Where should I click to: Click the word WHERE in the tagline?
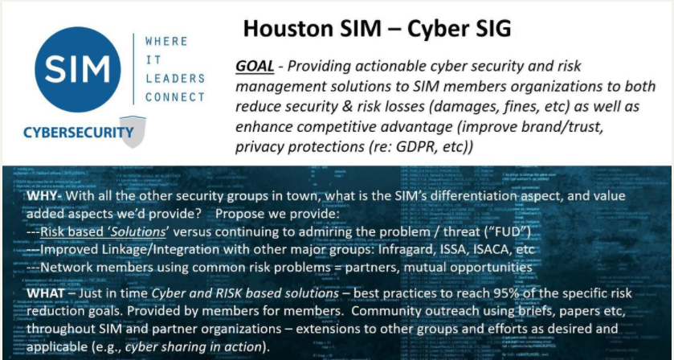click(x=165, y=41)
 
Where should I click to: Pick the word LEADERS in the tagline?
click(x=174, y=79)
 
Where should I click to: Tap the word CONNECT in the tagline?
click(x=175, y=97)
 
